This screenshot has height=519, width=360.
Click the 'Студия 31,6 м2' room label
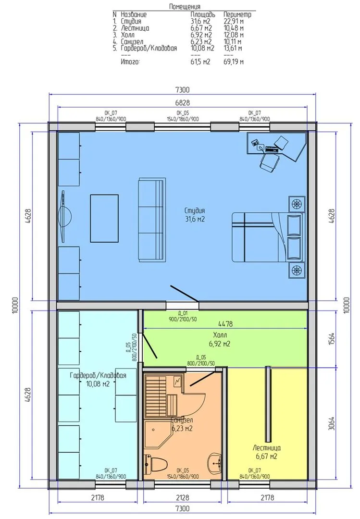click(194, 215)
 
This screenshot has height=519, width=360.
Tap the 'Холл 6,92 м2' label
click(220, 339)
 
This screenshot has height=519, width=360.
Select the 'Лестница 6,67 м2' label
click(267, 452)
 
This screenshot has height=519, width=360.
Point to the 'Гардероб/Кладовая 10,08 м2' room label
click(98, 380)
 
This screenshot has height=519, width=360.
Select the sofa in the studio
click(151, 220)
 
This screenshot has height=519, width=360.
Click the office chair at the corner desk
click(269, 162)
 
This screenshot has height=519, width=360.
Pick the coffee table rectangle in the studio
click(104, 219)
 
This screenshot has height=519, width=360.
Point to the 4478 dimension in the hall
click(225, 324)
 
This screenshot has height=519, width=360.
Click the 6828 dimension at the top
click(182, 103)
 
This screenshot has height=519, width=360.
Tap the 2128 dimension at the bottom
click(183, 497)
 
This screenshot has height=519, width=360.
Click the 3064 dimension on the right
click(332, 423)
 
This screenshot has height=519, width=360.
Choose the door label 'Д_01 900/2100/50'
click(183, 316)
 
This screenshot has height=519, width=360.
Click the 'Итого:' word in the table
click(130, 62)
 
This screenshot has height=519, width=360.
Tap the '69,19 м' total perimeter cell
click(234, 62)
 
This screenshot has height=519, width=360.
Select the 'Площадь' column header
click(203, 14)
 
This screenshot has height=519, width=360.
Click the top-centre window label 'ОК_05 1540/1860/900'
click(183, 116)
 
